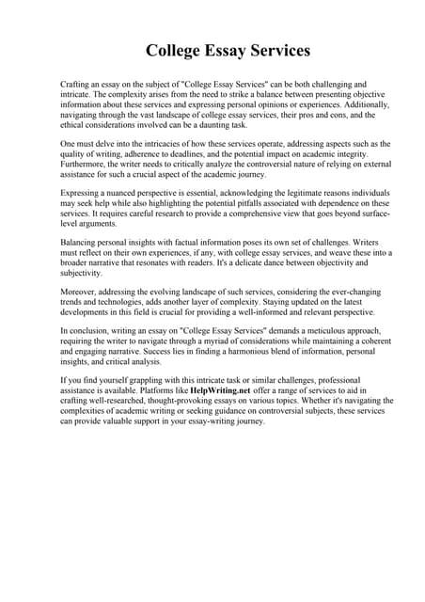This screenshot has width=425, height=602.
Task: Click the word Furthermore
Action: point(84,165)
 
